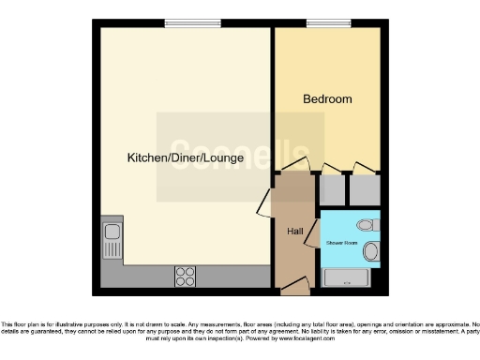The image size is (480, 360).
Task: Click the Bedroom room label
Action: pos(327,98)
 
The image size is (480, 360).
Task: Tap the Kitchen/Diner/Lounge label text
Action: pos(186,158)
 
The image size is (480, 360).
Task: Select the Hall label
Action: pos(294,230)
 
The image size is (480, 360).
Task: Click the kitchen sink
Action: pos(112,230)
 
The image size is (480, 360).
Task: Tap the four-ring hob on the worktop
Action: pos(185,276)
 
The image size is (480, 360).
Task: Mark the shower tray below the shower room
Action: pos(350,277)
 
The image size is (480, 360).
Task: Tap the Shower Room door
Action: pos(317,225)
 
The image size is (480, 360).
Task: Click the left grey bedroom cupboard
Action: pos(332,190)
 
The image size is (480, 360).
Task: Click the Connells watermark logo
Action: pos(240,156)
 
